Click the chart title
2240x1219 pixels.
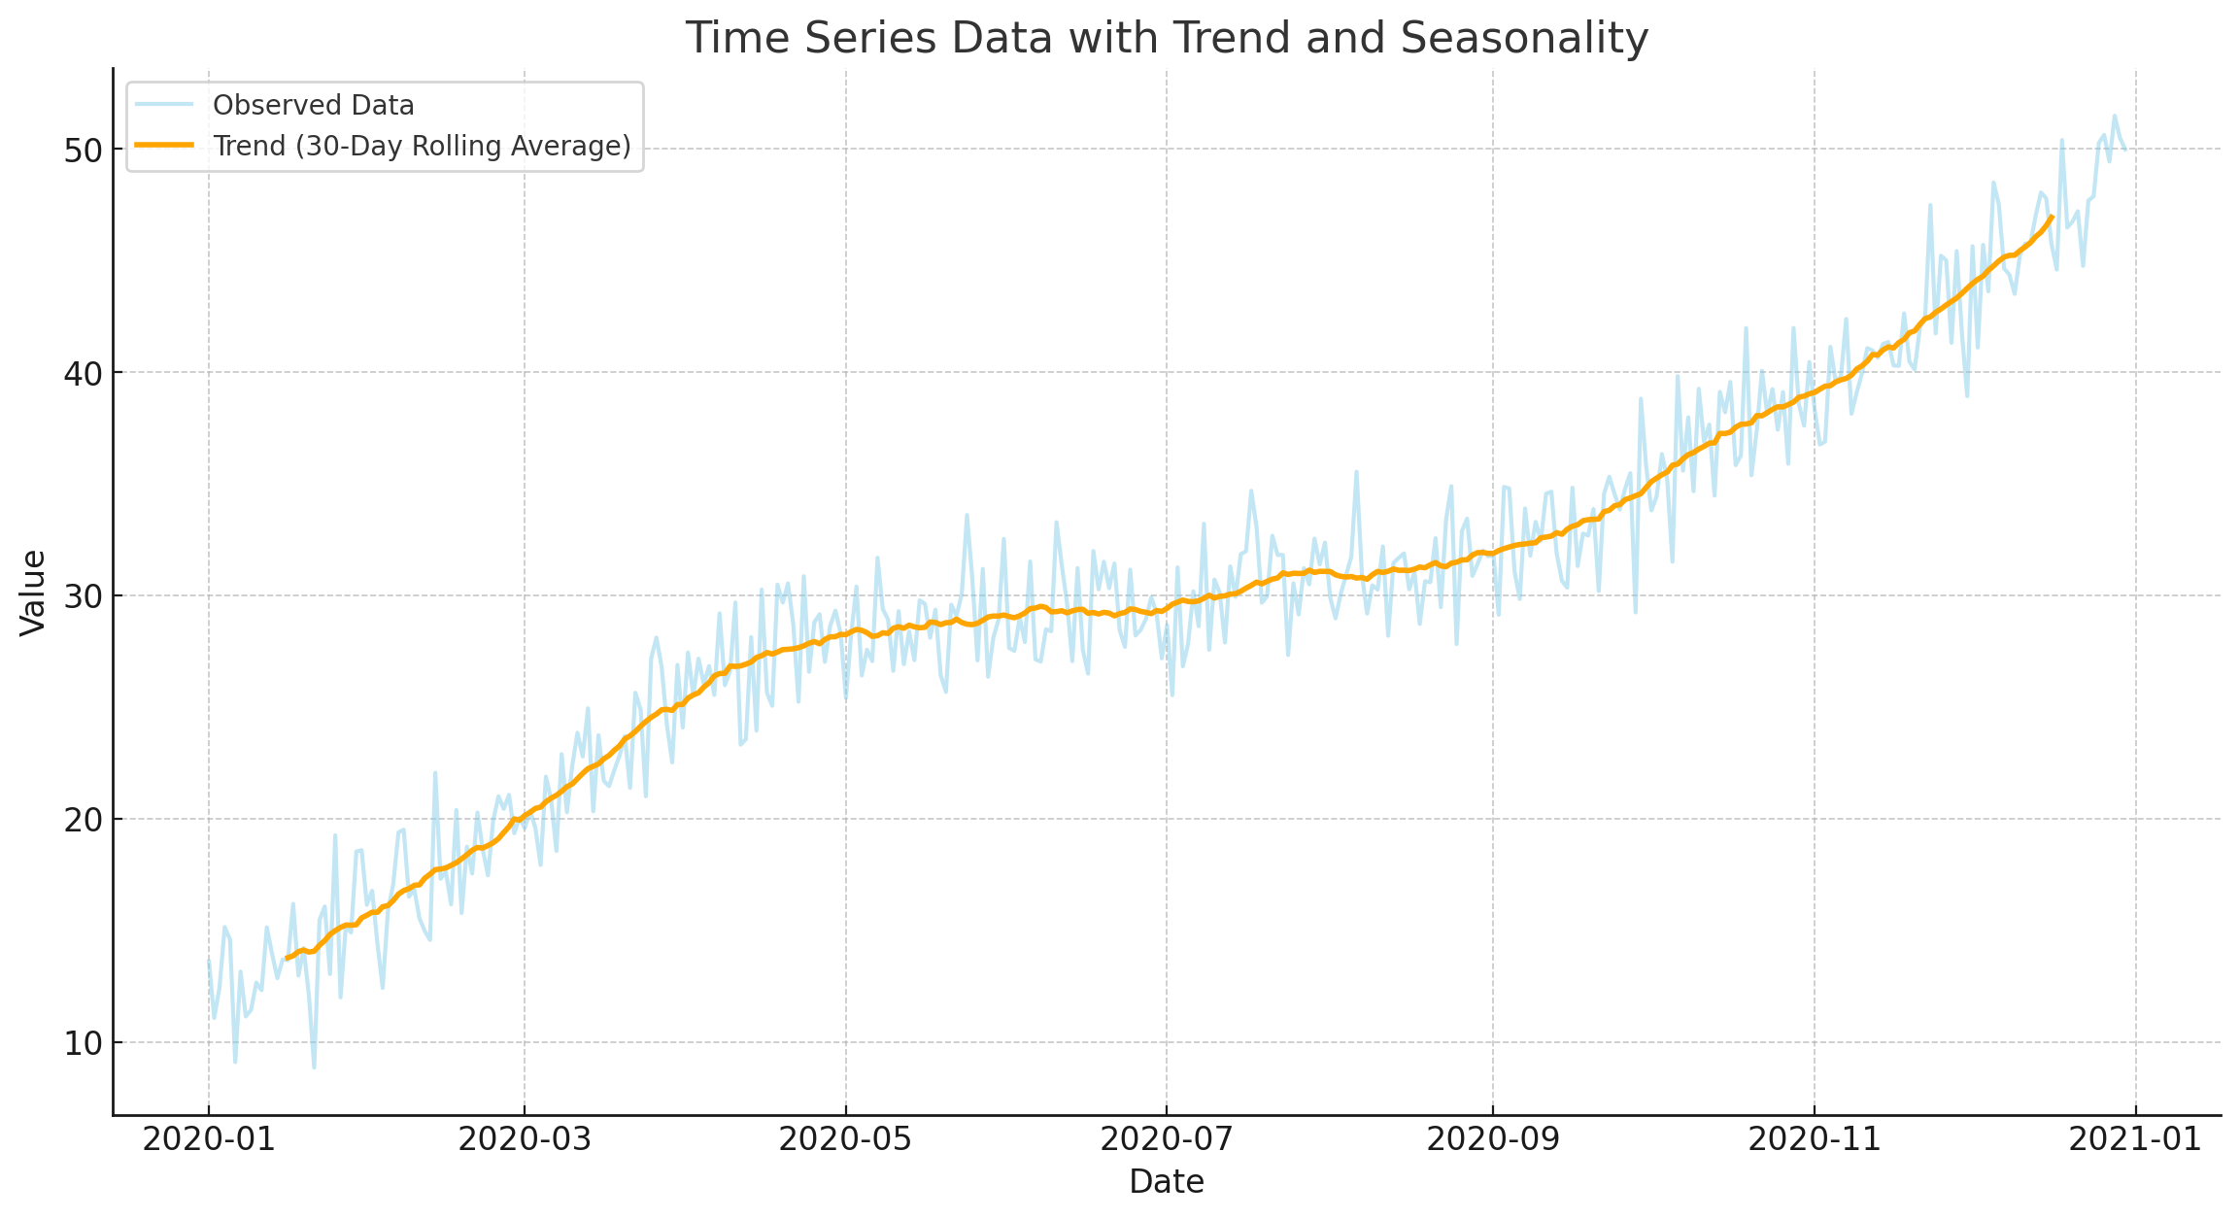coord(1167,39)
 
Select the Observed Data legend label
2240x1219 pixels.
coord(313,105)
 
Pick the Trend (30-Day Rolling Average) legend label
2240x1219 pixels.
coord(422,146)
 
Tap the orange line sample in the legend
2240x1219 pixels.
coord(164,146)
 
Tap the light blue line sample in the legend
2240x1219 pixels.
coord(164,105)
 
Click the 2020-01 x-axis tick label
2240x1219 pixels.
coord(208,1139)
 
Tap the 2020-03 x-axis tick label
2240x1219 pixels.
coord(525,1139)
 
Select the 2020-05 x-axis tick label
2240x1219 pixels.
coord(845,1139)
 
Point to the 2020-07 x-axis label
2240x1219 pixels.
coord(1166,1139)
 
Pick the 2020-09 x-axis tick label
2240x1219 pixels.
coord(1492,1139)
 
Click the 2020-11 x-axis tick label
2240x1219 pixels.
coord(1814,1139)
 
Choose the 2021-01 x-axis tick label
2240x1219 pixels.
coord(2135,1139)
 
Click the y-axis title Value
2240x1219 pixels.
coord(34,593)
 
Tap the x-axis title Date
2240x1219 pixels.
coord(1167,1182)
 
